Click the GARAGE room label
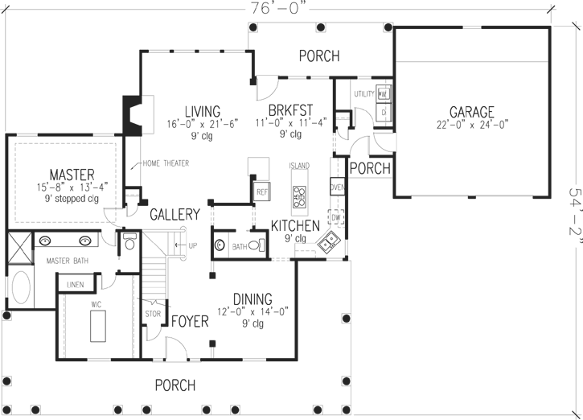[x=471, y=112]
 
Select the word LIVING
[x=202, y=111]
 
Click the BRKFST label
[x=290, y=111]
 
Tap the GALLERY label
[x=174, y=215]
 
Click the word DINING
[x=252, y=299]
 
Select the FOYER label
[x=191, y=321]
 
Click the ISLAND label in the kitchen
[x=299, y=167]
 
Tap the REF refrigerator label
[x=262, y=193]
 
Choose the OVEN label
[x=338, y=188]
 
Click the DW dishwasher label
[x=338, y=217]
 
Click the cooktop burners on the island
[x=299, y=193]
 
